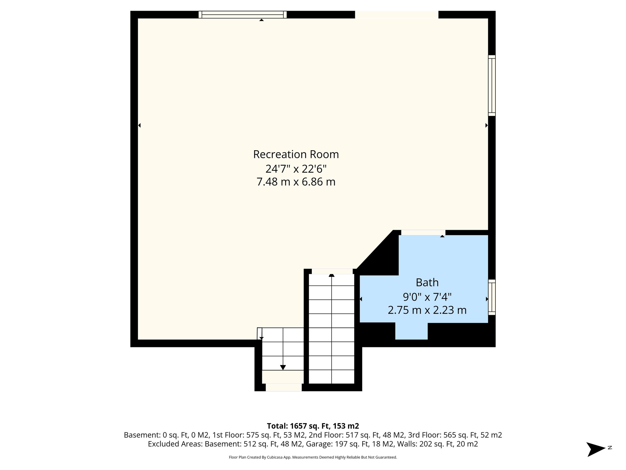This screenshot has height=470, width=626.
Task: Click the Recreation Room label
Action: [296, 155]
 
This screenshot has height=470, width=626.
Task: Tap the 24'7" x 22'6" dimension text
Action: [296, 169]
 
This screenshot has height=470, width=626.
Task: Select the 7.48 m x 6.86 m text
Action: [296, 182]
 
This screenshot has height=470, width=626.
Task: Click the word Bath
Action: [427, 282]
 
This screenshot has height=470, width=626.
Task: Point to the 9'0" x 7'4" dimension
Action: [427, 297]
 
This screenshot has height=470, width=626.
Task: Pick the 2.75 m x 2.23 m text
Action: [427, 310]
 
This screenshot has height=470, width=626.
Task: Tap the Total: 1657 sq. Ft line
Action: [313, 426]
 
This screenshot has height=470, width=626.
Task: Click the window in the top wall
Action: [243, 14]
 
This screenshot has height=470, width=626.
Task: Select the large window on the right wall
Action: [492, 85]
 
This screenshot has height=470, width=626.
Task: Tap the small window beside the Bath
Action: [492, 297]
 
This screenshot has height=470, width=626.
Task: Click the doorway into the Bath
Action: [423, 233]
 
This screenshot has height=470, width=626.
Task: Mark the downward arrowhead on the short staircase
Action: [283, 367]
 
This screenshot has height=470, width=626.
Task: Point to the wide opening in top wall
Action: [396, 14]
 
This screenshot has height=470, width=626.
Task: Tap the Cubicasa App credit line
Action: [313, 457]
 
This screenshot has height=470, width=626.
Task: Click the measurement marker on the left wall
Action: [139, 125]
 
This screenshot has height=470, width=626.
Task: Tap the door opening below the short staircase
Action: [283, 387]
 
